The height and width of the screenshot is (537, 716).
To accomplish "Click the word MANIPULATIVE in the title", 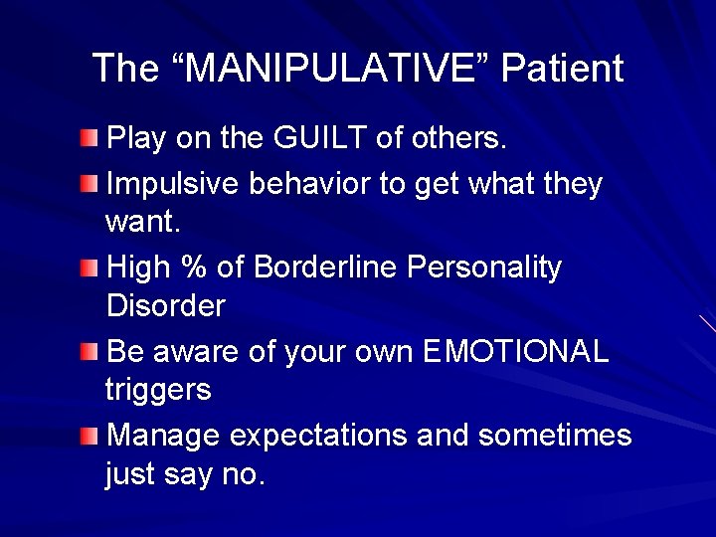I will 327,69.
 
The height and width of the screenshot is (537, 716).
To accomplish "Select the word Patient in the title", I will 562,69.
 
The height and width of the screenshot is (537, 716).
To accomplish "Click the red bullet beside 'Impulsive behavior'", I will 90,183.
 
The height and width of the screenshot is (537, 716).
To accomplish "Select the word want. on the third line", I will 143,222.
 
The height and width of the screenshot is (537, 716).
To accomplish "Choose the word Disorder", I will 165,305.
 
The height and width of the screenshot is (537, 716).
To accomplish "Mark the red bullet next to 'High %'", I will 90,267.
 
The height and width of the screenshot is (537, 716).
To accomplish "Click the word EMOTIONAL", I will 515,351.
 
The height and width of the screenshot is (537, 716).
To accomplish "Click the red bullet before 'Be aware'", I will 90,350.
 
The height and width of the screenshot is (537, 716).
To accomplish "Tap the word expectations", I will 318,435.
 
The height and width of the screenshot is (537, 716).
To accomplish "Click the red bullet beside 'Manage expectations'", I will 90,434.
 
